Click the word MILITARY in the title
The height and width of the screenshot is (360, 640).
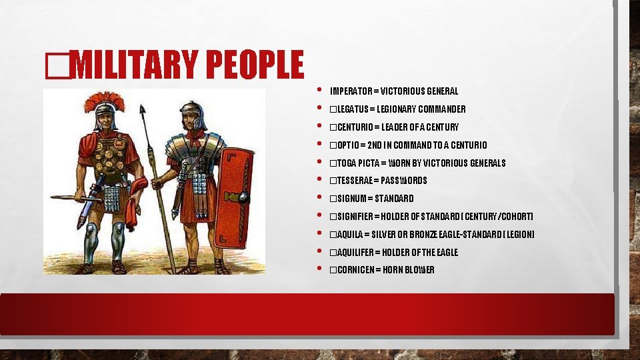(134, 65)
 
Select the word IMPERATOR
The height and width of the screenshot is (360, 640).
(351, 91)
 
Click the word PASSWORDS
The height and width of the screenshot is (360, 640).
(405, 181)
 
